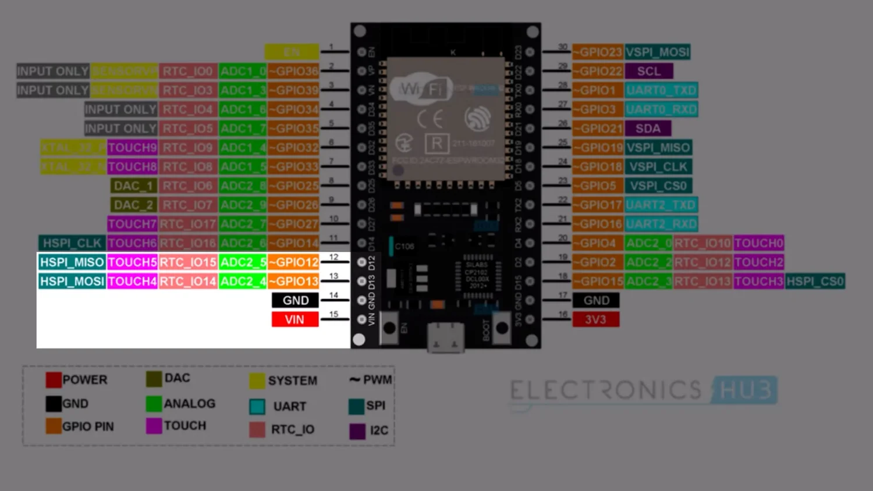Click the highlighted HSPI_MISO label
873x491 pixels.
coord(72,262)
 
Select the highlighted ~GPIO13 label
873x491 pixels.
coord(294,282)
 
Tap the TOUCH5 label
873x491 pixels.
coord(132,262)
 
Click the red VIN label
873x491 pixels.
coord(294,319)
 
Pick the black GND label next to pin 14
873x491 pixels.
coord(295,300)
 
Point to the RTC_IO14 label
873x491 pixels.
coord(188,282)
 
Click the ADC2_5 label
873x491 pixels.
coord(243,262)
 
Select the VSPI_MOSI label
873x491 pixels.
coord(658,52)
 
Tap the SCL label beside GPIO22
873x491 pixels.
coord(648,71)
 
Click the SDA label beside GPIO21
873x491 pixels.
coord(648,129)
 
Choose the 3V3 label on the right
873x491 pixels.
coord(595,319)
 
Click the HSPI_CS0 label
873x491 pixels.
coord(815,282)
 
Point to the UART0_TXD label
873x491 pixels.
coord(661,90)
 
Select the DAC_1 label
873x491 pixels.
coord(133,186)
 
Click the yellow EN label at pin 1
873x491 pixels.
coord(292,52)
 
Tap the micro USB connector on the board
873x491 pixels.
coord(446,337)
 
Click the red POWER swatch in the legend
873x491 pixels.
coord(54,380)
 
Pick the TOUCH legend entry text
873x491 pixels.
coord(185,426)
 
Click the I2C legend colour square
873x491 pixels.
coord(357,431)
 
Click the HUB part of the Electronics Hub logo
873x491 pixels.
coord(746,390)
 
